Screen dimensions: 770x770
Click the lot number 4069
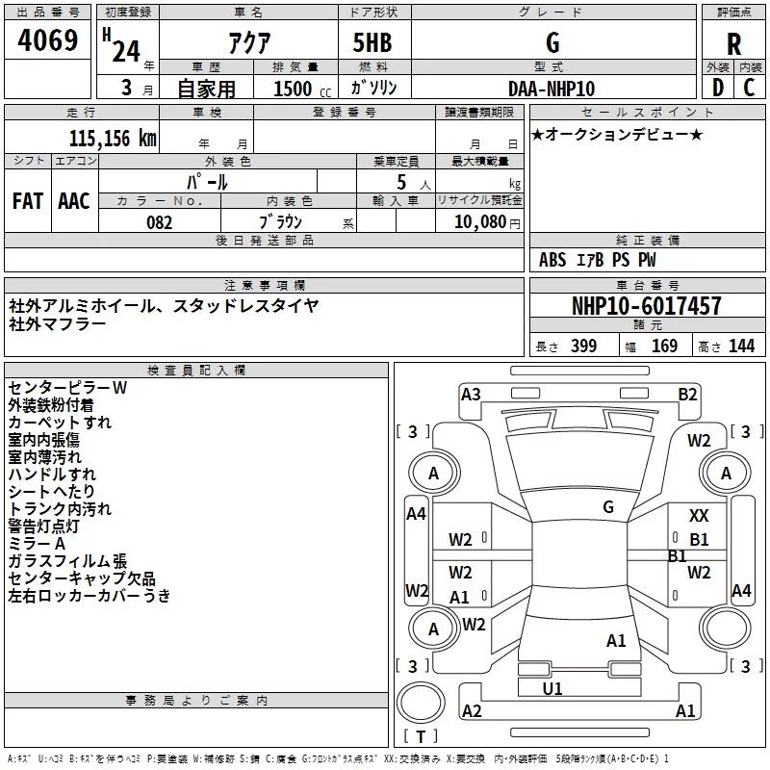[x=47, y=41]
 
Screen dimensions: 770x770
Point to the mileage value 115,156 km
[x=112, y=139]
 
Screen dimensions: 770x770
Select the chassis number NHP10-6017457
[x=646, y=307]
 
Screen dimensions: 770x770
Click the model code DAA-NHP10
[x=552, y=89]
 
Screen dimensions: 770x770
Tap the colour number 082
[x=158, y=222]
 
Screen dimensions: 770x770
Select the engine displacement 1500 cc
[x=295, y=89]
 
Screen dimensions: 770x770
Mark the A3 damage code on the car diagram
[x=471, y=394]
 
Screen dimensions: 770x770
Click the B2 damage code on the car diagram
[x=687, y=394]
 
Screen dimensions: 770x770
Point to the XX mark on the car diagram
[x=699, y=517]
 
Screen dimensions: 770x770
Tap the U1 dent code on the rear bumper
[x=552, y=688]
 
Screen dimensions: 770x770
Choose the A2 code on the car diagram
[x=472, y=710]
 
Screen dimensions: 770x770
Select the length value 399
[x=583, y=346]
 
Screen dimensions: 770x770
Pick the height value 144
[x=741, y=346]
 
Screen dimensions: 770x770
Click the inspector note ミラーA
[x=37, y=544]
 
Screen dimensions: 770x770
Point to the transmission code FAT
[x=27, y=200]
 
